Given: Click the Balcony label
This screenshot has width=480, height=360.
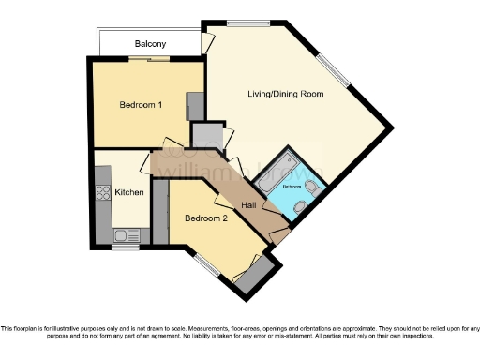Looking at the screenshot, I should (150, 44).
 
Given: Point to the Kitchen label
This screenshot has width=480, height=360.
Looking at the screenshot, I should (129, 193).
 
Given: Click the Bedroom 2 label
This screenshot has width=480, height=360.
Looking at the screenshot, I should (205, 218).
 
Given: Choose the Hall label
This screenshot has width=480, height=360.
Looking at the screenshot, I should (248, 205).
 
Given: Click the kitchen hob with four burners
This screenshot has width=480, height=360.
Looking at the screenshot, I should (101, 195).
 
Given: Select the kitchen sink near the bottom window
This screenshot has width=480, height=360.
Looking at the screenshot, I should (120, 235).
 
